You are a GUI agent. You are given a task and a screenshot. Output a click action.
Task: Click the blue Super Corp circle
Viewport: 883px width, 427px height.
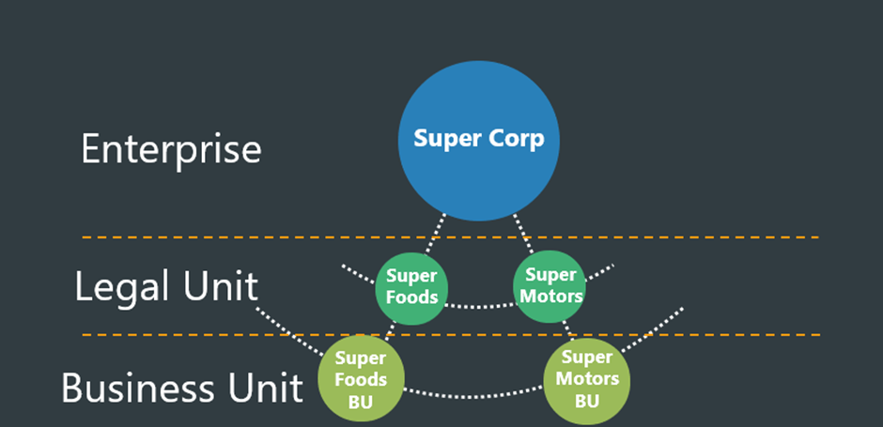pos(479,141)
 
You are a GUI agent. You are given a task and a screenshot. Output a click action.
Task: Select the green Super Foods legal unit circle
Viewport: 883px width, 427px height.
pos(411,289)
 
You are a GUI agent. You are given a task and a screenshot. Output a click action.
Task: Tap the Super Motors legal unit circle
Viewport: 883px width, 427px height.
pos(550,287)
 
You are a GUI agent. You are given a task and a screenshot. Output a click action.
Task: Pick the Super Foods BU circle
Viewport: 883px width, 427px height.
pos(361,378)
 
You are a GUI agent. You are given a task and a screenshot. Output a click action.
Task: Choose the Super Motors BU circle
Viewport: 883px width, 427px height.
pos(587,381)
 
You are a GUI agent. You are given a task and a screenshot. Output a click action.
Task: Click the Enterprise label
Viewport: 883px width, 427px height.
pos(171,149)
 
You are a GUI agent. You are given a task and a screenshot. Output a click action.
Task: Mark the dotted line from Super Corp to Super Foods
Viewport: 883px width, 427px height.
pos(435,234)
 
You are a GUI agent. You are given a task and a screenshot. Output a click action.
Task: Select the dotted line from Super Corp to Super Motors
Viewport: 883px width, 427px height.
pos(523,233)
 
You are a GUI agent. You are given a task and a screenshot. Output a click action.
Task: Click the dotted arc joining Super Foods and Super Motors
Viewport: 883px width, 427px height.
pos(480,307)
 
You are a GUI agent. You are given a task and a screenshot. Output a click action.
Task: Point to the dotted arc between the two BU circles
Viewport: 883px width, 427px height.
pos(473,396)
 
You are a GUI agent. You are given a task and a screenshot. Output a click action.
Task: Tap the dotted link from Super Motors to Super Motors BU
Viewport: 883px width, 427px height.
pos(568,330)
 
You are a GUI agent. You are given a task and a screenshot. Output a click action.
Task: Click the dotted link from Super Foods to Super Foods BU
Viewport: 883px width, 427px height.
pos(390,330)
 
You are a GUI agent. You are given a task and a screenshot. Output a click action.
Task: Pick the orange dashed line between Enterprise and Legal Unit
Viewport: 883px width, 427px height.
pos(451,237)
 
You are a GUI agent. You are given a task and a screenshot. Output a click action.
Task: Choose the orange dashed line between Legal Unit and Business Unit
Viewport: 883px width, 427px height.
pos(451,335)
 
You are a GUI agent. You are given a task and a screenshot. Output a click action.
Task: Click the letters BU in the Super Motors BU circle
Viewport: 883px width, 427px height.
pos(587,402)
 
